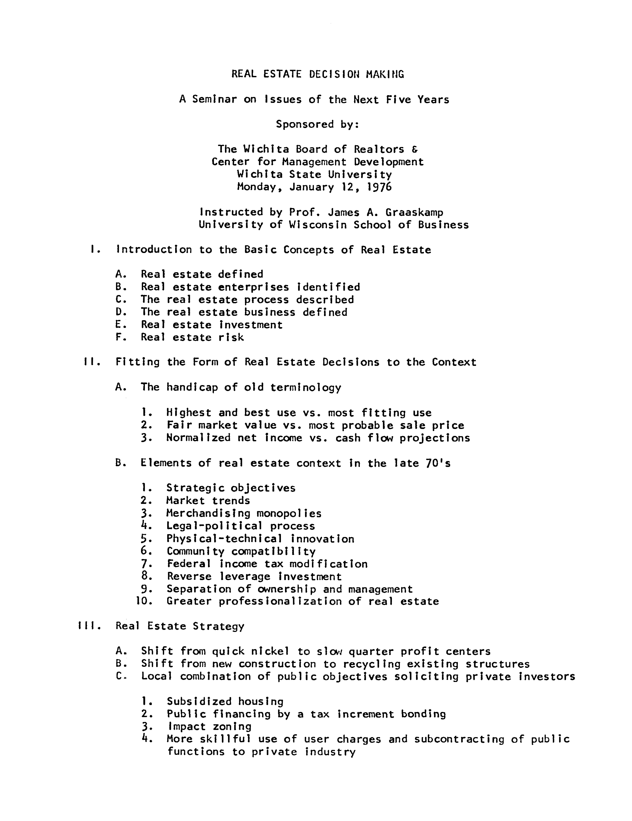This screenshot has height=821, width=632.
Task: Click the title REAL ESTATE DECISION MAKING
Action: pyautogui.click(x=318, y=74)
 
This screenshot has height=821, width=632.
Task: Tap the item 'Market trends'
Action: pyautogui.click(x=208, y=500)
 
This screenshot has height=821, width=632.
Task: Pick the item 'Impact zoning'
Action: pyautogui.click(x=209, y=727)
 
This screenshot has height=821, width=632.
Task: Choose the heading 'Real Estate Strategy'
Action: pyautogui.click(x=180, y=626)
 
